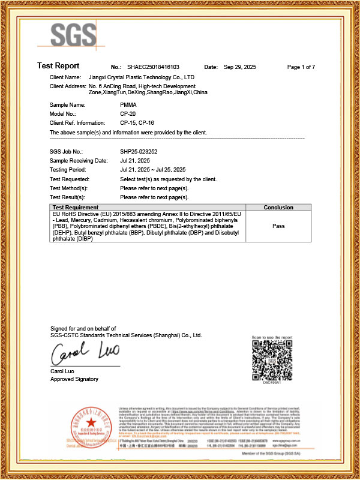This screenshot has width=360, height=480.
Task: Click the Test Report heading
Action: tap(58, 66)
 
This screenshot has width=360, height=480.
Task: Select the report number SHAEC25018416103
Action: tap(154, 67)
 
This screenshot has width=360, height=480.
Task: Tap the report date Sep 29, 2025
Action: tap(240, 67)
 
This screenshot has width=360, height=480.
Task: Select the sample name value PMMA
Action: tap(128, 105)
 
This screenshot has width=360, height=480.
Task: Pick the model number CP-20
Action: tap(128, 113)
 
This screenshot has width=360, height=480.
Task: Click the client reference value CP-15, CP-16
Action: tap(139, 122)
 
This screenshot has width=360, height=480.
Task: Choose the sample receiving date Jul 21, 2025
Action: tap(135, 161)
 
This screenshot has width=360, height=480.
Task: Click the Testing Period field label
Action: tap(69, 170)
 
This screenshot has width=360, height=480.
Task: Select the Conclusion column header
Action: tap(278, 208)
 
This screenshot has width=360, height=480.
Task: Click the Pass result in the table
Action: tap(278, 227)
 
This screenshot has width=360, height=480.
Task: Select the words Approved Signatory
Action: tap(74, 379)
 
